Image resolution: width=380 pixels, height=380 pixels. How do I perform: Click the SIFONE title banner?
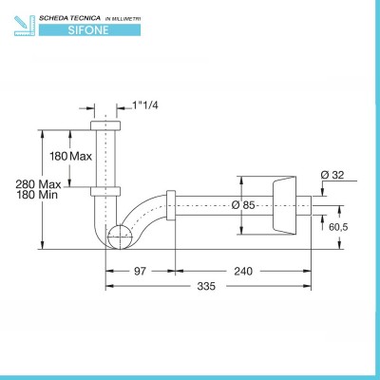click(89, 30)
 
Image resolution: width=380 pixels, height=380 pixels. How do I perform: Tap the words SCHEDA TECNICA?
click(69, 18)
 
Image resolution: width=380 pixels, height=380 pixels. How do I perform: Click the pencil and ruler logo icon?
click(24, 26)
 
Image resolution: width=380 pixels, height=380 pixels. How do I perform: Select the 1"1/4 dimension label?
click(145, 105)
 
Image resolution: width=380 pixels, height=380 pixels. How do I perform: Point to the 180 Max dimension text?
click(70, 156)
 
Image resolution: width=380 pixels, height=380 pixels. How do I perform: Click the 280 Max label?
click(38, 184)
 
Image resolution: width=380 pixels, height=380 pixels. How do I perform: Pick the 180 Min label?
click(37, 195)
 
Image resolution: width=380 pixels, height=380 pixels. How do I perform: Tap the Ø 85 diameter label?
click(243, 205)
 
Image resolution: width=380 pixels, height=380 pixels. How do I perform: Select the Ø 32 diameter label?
click(332, 175)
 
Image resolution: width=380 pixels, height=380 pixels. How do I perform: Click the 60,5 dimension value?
click(338, 227)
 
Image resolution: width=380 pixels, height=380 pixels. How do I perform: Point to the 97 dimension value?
click(140, 271)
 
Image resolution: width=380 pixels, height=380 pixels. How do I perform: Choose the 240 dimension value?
click(243, 271)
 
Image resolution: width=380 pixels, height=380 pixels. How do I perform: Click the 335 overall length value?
click(206, 286)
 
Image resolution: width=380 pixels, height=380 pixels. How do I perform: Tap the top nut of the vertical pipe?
click(105, 125)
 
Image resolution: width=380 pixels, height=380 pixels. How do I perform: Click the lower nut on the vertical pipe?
click(105, 192)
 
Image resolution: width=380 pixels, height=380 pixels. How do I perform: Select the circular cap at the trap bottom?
click(120, 237)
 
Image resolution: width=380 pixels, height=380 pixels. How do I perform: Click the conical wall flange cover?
click(284, 205)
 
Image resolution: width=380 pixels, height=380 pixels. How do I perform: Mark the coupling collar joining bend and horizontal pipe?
click(171, 205)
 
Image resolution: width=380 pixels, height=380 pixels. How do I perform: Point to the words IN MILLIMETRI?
click(123, 19)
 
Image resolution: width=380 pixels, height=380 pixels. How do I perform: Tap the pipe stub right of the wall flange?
click(304, 205)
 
